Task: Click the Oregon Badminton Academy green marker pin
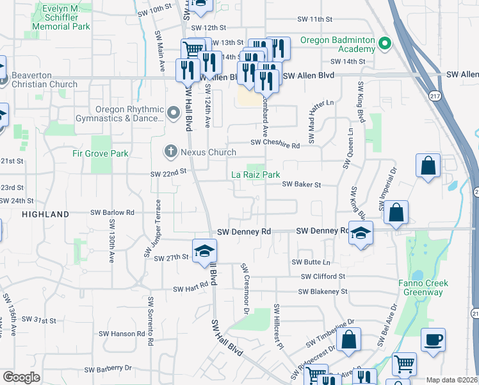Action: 384,44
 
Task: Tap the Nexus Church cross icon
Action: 170,152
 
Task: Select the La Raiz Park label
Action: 256,175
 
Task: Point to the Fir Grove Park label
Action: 101,153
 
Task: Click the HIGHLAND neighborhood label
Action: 45,214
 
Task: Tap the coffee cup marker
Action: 434,340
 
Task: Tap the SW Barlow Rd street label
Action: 112,212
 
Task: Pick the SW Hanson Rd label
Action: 123,334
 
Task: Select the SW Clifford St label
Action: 323,277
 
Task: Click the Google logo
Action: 21,377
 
